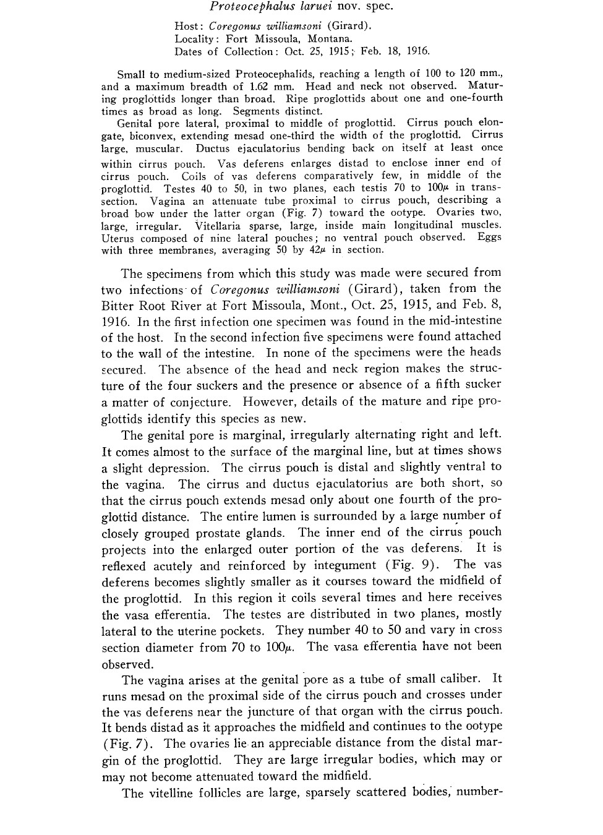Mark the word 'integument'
pyautogui.click(x=344, y=565)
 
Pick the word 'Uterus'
pyautogui.click(x=117, y=238)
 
